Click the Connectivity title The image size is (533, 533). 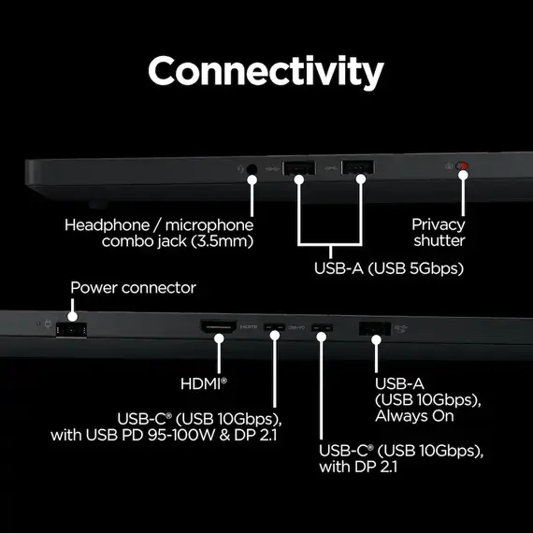[x=266, y=72]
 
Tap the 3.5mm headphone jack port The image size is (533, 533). [x=252, y=169]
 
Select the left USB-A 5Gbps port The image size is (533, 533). [x=298, y=167]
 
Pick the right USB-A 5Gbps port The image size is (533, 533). [x=357, y=167]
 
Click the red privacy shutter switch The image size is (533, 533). [x=462, y=166]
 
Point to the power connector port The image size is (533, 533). [x=71, y=330]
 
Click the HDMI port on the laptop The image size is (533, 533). [x=219, y=326]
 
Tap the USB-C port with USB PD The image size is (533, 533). [x=275, y=327]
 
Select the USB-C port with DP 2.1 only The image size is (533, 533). [x=323, y=327]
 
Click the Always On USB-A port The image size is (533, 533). [x=375, y=329]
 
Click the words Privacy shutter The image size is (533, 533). [x=439, y=233]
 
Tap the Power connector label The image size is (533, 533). [x=133, y=288]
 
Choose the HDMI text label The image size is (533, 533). [x=204, y=384]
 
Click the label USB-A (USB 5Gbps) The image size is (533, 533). [x=389, y=268]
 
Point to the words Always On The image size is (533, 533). [x=414, y=416]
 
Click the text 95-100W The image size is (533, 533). [x=181, y=435]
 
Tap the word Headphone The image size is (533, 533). [x=108, y=225]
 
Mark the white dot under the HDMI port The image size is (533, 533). [x=219, y=339]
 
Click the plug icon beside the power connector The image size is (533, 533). [x=48, y=324]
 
